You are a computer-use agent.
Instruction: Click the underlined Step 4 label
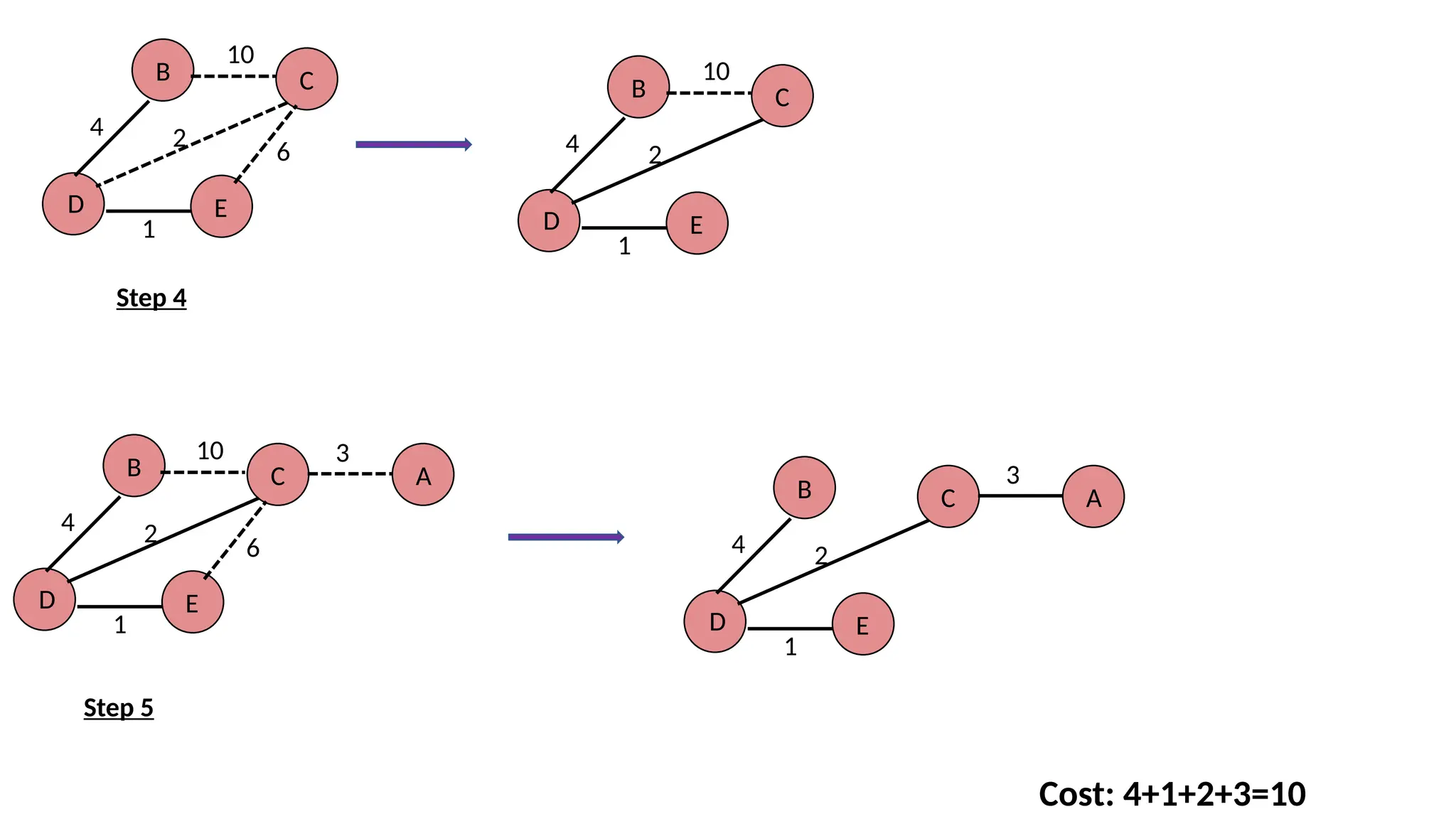click(x=151, y=298)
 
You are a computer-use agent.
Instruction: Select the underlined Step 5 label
click(x=119, y=708)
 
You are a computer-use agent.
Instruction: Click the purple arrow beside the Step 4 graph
click(x=413, y=145)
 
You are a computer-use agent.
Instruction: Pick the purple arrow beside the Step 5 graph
click(x=566, y=537)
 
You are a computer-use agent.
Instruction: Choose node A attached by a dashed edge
click(x=423, y=475)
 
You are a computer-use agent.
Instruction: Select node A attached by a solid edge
click(x=1093, y=497)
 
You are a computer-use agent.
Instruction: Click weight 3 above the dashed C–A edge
click(x=343, y=454)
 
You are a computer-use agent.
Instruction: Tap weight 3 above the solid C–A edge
click(x=1013, y=476)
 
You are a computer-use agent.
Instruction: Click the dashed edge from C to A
click(x=350, y=474)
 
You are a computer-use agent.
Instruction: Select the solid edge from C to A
click(x=1021, y=496)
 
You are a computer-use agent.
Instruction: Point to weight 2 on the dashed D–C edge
click(x=179, y=137)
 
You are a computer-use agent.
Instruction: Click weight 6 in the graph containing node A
click(x=253, y=549)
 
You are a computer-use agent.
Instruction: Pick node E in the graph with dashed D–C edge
click(x=222, y=207)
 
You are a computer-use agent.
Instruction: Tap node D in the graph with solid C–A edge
click(x=715, y=622)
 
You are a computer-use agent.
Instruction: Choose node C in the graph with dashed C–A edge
click(x=278, y=475)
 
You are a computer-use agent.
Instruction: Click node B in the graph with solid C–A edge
click(x=804, y=488)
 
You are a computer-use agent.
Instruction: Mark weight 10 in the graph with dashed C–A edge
click(x=210, y=451)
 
